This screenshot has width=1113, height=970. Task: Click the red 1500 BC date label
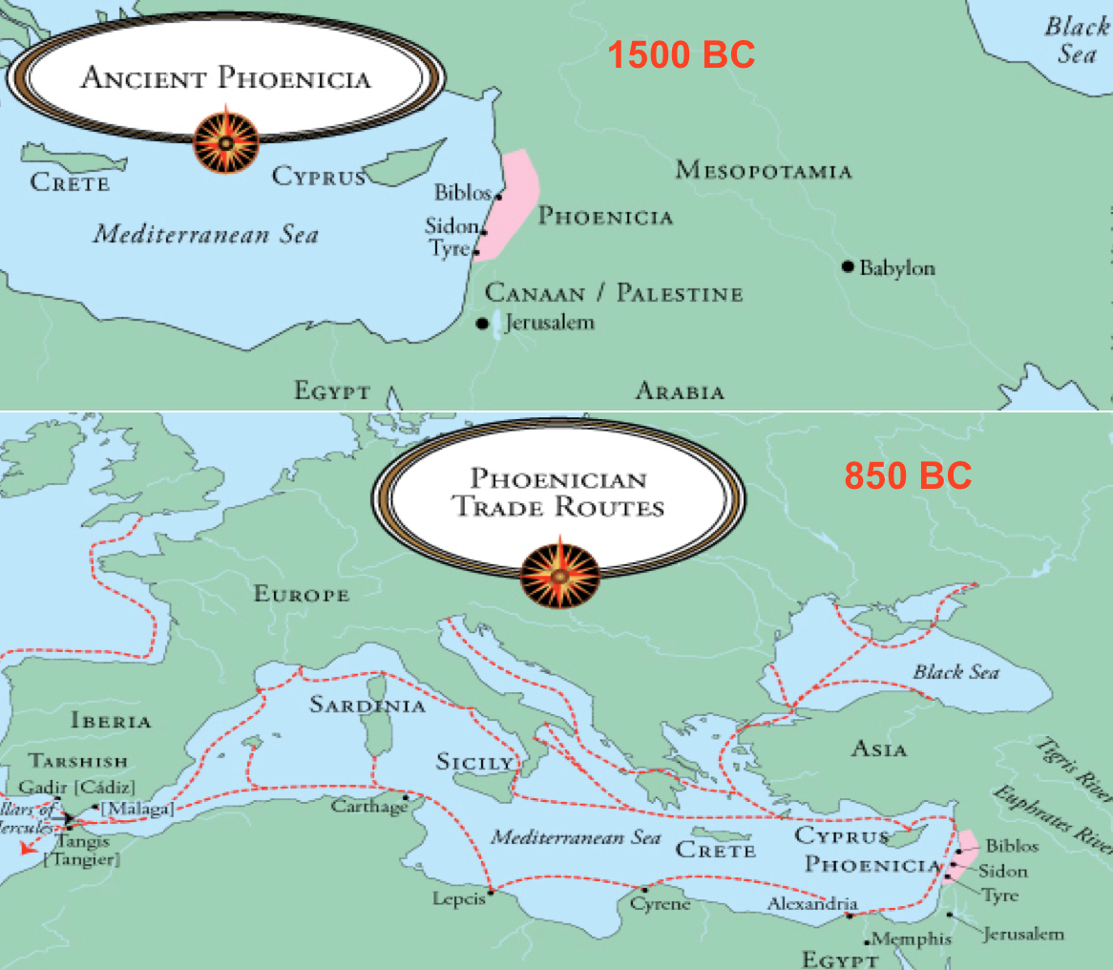click(682, 55)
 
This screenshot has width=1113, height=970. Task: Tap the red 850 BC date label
click(907, 474)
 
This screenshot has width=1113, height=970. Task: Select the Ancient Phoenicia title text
click(225, 77)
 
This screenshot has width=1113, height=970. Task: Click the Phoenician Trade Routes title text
click(558, 493)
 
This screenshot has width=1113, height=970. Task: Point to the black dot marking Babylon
click(847, 266)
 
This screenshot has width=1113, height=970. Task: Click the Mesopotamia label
click(763, 171)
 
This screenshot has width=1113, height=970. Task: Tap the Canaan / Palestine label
click(614, 292)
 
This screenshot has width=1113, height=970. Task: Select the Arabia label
click(680, 390)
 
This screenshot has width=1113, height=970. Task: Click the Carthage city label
click(369, 807)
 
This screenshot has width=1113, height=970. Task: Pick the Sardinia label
click(367, 706)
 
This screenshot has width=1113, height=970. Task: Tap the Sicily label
click(474, 762)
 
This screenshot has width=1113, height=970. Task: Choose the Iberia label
click(111, 721)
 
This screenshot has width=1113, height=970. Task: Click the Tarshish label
click(78, 761)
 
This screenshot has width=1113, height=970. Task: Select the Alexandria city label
click(813, 904)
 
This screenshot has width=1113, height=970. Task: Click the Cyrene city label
click(660, 903)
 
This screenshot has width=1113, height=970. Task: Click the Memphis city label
click(913, 938)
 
